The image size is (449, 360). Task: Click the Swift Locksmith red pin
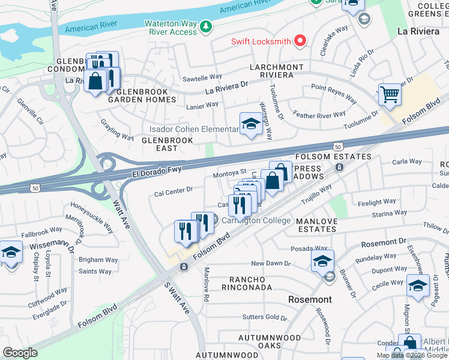300,41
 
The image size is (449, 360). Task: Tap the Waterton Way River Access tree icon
206,26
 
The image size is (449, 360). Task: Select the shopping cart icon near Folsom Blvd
390,94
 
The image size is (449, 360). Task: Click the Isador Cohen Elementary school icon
251,124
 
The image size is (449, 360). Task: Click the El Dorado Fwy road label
157,170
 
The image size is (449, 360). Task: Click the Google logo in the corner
20,352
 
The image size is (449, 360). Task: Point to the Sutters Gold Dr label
265,317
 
